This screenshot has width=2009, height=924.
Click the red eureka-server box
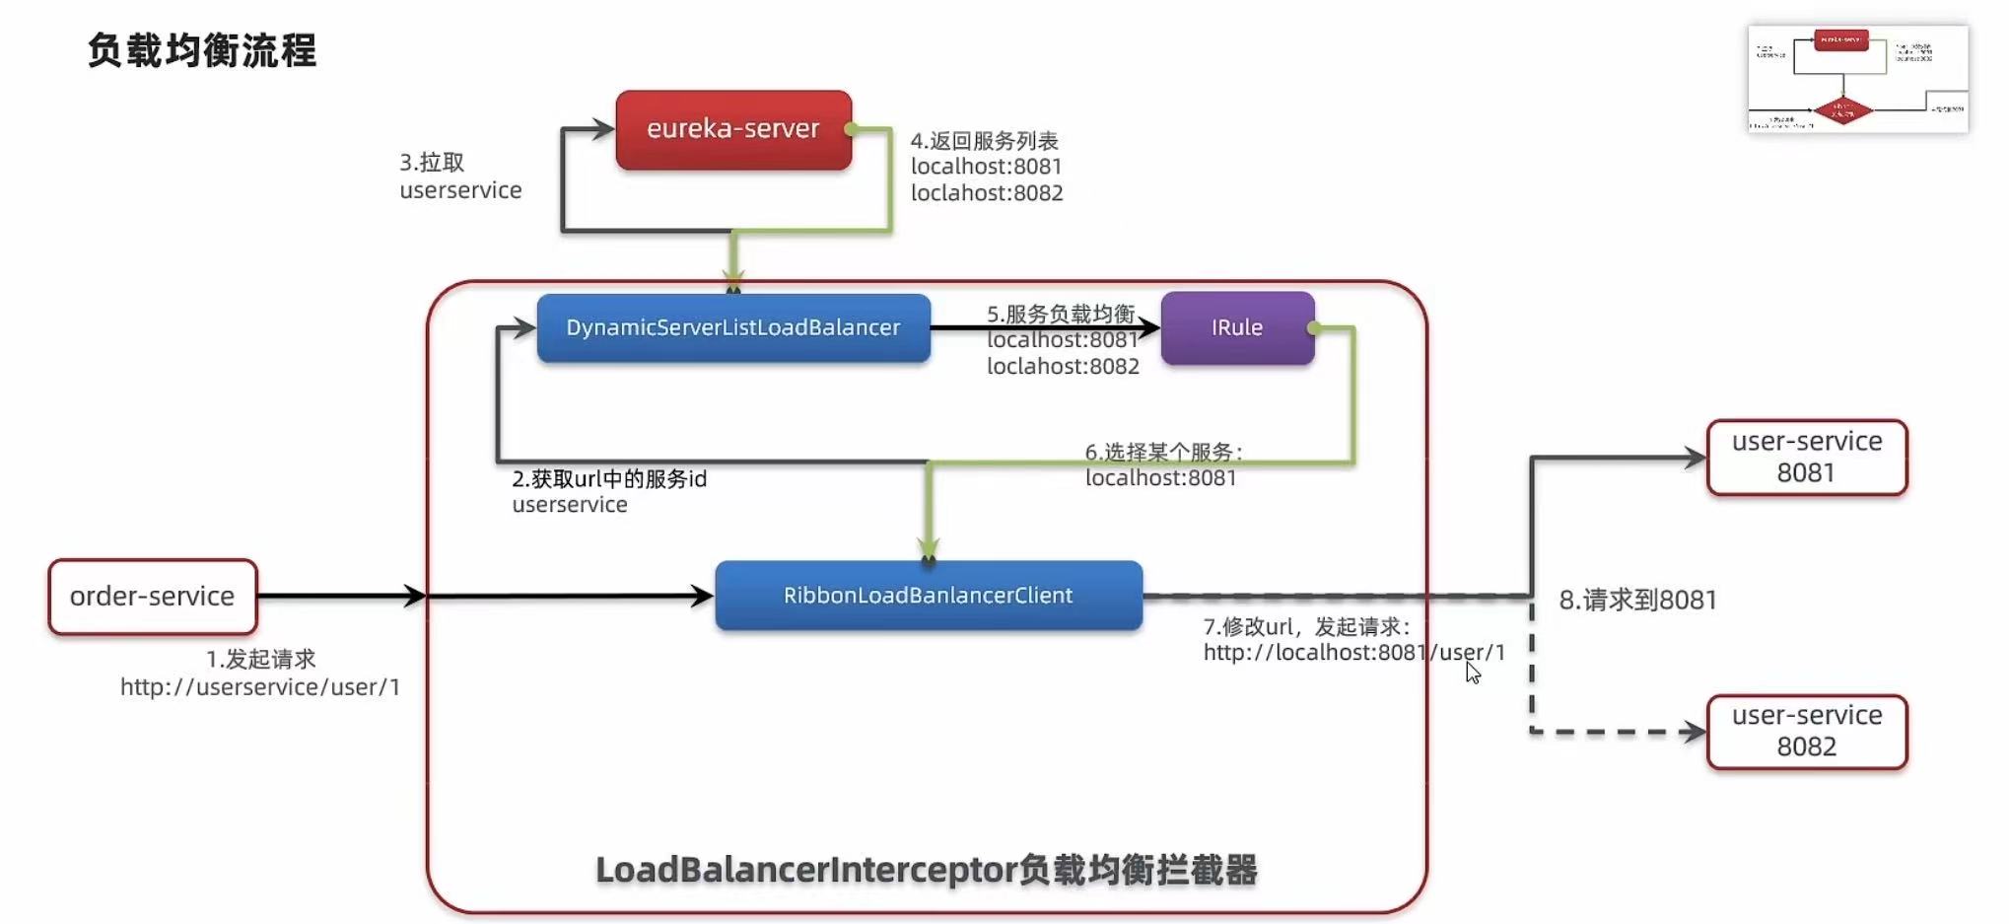coord(733,129)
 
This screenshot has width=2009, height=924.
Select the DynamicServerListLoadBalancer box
coord(733,327)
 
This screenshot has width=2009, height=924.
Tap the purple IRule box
coord(1237,327)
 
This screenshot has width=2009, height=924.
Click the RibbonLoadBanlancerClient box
coord(928,596)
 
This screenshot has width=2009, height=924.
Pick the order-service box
coord(153,597)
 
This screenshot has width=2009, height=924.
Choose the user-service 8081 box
coord(1807,457)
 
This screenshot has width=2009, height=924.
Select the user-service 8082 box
coord(1807,731)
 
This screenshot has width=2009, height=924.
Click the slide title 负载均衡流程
coord(202,50)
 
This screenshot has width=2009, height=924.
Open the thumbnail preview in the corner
coord(1857,79)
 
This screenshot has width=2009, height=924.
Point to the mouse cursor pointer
coord(1473,673)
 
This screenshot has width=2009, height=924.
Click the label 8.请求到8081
coord(1637,600)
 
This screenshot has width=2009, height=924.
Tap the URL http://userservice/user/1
coord(260,687)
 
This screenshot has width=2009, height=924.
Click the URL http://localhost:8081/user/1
coord(1353,653)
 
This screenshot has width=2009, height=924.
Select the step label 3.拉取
coord(432,163)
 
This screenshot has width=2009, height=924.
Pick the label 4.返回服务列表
coord(984,141)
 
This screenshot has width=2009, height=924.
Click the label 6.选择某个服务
coord(1163,453)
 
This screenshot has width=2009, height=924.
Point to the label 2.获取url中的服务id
coord(609,479)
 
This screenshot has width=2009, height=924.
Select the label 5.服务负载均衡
coord(1061,314)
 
